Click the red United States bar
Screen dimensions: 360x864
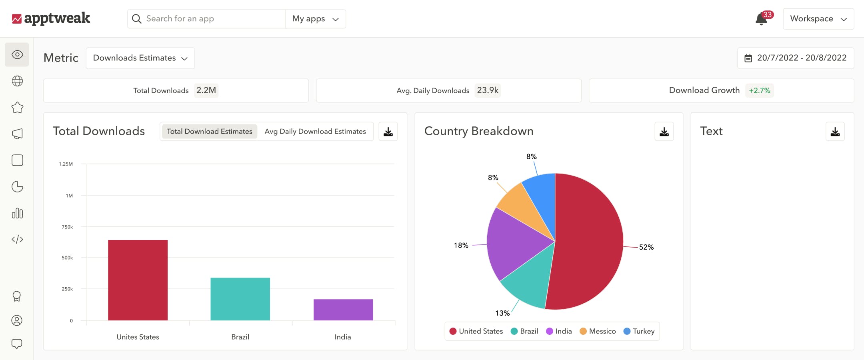[138, 280]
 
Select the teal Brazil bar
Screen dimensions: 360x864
[240, 299]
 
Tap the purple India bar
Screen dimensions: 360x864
[343, 310]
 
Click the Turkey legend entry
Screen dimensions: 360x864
[639, 331]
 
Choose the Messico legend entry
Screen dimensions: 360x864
[598, 331]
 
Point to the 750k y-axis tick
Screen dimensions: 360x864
[67, 227]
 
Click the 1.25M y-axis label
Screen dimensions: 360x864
[66, 164]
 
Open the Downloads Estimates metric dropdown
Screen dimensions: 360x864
[140, 58]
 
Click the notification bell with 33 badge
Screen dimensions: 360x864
[761, 19]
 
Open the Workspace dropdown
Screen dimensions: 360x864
[818, 19]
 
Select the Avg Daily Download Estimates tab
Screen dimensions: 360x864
[315, 131]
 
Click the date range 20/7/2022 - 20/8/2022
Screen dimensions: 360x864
[796, 58]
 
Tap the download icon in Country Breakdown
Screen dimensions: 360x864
[664, 132]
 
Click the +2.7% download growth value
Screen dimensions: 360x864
[759, 90]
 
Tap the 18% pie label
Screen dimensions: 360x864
[461, 245]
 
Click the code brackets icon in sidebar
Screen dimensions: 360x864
[17, 239]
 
